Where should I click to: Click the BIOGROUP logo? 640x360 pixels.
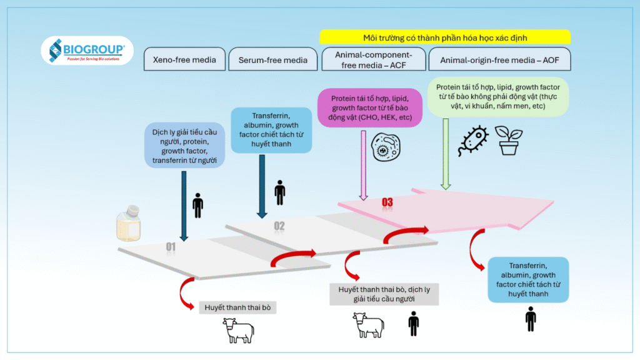tap(87, 50)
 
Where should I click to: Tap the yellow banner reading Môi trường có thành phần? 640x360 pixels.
tap(445, 37)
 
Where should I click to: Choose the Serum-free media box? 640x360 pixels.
tap(273, 60)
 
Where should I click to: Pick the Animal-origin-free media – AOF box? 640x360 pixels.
tap(499, 60)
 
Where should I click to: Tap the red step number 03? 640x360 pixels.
tap(387, 202)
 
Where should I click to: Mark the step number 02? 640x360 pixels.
tap(279, 226)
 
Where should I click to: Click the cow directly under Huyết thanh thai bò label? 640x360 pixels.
tap(238, 331)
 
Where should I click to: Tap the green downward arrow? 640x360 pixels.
tap(446, 153)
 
